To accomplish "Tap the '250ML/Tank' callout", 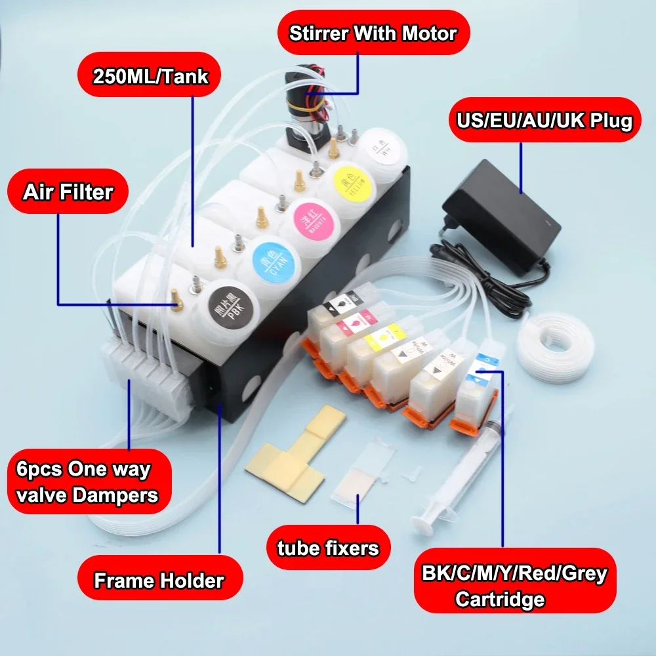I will point(150,77).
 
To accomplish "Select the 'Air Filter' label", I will point(68,192).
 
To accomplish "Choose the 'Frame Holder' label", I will point(159,580).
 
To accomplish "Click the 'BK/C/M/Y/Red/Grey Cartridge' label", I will point(514,586).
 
